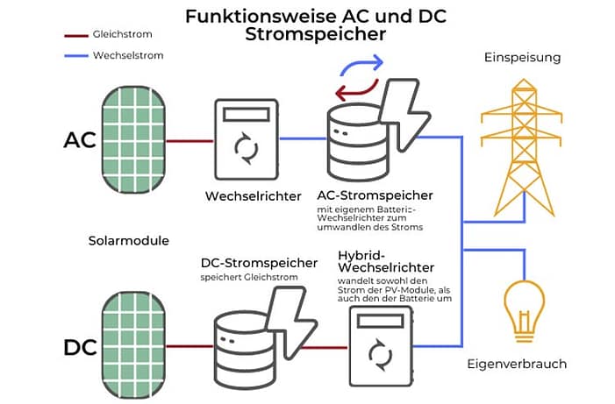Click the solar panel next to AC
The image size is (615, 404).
132,139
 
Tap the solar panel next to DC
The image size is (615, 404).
132,345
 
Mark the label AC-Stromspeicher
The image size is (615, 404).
380,195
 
